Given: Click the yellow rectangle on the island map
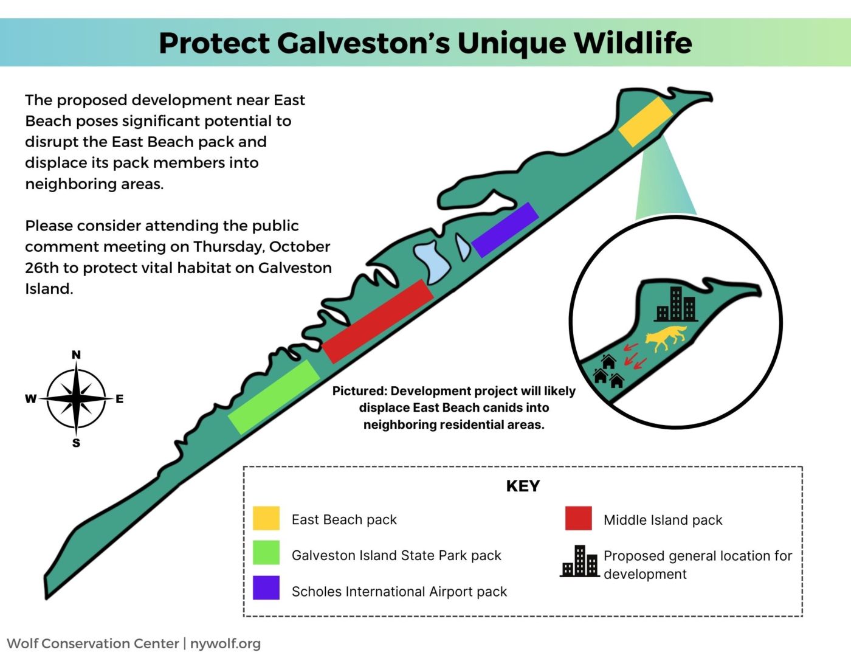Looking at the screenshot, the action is [646, 122].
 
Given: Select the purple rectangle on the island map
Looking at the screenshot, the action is [505, 230].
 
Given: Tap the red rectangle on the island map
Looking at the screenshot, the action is [378, 321].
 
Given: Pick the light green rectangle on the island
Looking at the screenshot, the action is [274, 397].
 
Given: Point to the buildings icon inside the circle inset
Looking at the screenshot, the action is [675, 304].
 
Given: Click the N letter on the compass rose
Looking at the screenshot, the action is [76, 355].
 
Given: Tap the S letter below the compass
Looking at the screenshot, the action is [76, 443].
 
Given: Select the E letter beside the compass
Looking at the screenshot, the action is [120, 399].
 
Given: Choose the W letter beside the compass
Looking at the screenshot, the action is [30, 399].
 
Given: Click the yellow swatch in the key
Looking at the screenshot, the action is [266, 518].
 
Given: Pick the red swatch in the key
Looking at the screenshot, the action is [579, 518].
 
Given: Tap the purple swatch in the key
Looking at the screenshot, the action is [266, 587].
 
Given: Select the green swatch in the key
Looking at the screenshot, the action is [266, 552].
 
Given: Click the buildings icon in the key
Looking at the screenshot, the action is [580, 561].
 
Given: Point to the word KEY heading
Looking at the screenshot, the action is [523, 486].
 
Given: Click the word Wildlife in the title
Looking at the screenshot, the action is [633, 43].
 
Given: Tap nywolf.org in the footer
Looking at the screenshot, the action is [225, 643].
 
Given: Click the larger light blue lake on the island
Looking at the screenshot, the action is [432, 261].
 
